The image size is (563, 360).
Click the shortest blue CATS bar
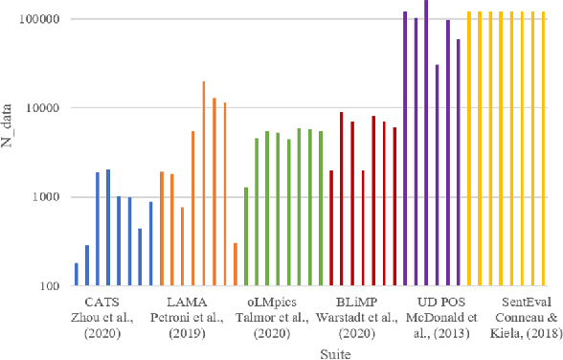(x=77, y=275)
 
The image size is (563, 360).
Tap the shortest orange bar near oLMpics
(x=235, y=264)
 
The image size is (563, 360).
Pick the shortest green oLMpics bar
(x=245, y=236)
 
